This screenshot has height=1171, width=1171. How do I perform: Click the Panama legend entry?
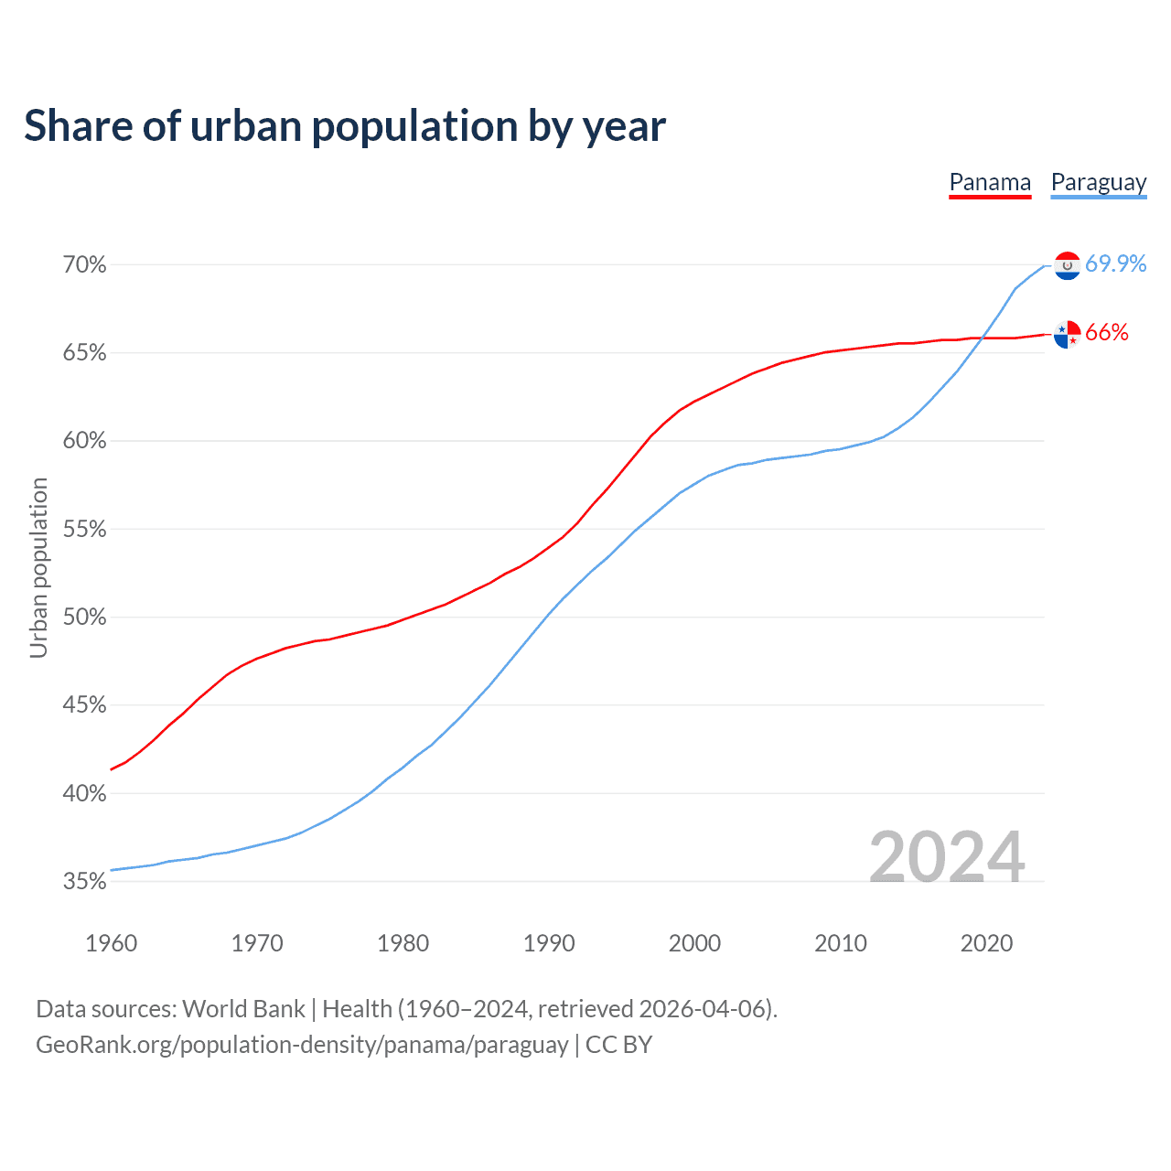click(990, 182)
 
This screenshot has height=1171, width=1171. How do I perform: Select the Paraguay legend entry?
click(1098, 182)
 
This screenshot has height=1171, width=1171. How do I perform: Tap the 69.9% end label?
click(1115, 263)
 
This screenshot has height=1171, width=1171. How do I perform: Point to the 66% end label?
click(1107, 333)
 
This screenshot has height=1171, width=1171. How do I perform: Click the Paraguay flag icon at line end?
click(1067, 265)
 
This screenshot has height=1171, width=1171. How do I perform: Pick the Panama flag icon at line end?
click(1067, 334)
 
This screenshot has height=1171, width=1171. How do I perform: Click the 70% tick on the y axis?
click(84, 265)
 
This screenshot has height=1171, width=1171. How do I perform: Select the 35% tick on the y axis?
click(84, 882)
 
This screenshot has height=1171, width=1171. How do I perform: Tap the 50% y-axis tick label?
click(84, 618)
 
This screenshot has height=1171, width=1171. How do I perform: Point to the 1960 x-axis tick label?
click(111, 943)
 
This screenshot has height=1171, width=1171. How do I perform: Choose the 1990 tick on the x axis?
click(549, 943)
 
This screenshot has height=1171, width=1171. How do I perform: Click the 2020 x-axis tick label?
click(986, 943)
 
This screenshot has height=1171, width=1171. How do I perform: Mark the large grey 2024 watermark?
click(946, 857)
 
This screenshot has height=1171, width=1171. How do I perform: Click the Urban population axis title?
click(38, 567)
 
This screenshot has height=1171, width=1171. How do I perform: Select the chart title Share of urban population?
click(345, 126)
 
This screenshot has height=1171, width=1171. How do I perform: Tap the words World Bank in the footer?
click(243, 1009)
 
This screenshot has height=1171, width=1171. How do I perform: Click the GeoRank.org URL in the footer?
click(302, 1045)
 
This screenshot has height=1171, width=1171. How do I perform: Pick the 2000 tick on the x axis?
click(694, 943)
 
